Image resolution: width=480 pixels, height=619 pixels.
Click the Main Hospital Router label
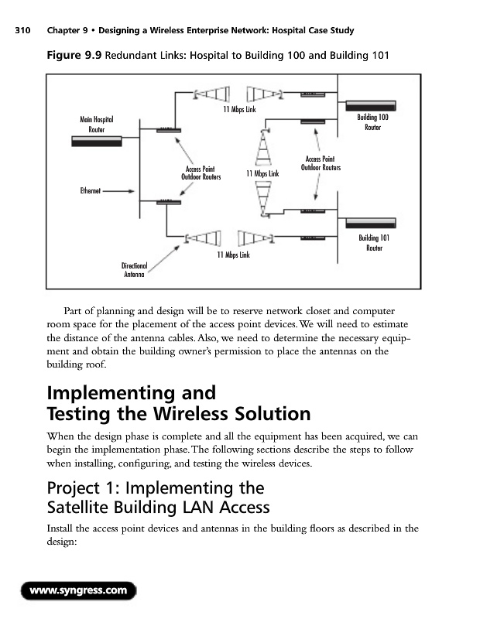click(x=97, y=124)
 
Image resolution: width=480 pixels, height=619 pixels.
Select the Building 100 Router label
click(x=372, y=122)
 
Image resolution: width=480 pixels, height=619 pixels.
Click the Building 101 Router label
click(x=374, y=243)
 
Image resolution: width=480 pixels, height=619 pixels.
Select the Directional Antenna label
click(x=134, y=269)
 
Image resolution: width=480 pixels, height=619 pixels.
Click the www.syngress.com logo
click(x=77, y=592)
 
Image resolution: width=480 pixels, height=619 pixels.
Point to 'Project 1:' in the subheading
click(x=82, y=488)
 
